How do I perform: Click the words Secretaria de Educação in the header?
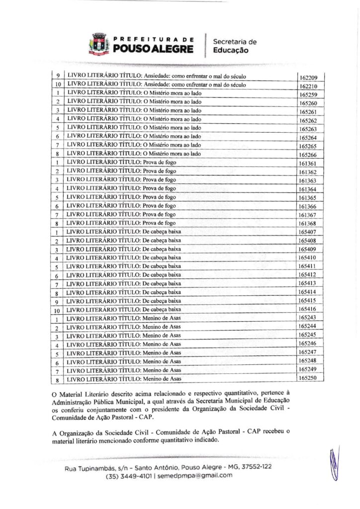pos(235,46)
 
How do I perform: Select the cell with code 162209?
pos(308,78)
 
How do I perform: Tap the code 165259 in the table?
pos(308,94)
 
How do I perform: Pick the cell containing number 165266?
pos(308,155)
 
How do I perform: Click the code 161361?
pos(308,163)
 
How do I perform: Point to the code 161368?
pos(308,223)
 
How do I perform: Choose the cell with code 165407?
pos(308,232)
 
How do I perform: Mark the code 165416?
pos(308,309)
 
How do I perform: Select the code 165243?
pos(308,318)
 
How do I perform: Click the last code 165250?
pos(308,378)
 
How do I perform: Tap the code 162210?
pos(308,86)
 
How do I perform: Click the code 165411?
pos(308,266)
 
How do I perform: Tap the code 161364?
pos(308,189)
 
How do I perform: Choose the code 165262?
pos(308,120)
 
